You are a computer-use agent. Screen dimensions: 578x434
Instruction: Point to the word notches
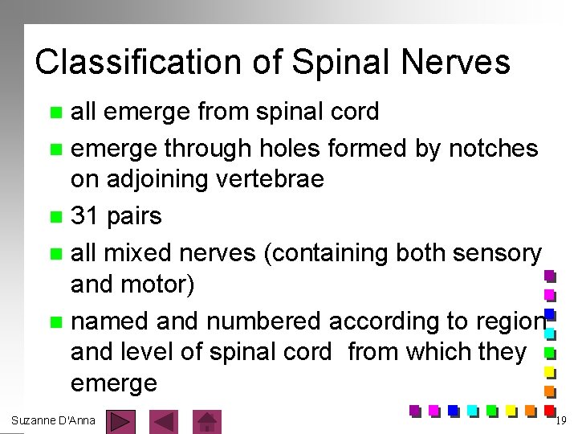pos(494,148)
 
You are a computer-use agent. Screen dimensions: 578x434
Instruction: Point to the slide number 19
pos(561,420)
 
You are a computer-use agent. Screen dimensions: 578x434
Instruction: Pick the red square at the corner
pos(550,410)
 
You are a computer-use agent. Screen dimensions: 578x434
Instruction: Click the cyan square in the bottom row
pos(472,410)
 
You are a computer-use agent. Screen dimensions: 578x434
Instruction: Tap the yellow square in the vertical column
pos(550,372)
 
